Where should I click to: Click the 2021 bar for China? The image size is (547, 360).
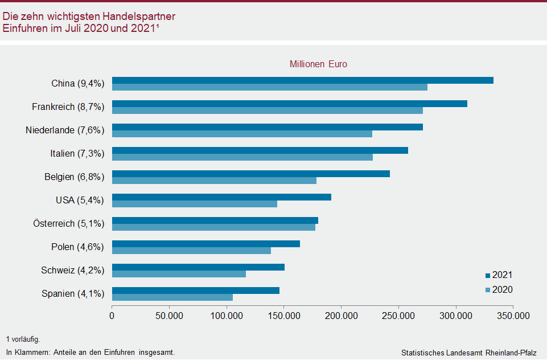click(x=302, y=80)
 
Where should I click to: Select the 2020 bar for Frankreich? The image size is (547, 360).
click(x=267, y=111)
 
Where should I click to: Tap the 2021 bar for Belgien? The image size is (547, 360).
click(x=250, y=174)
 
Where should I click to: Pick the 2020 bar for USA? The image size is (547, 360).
click(x=194, y=204)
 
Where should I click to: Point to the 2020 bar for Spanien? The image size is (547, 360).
click(x=172, y=297)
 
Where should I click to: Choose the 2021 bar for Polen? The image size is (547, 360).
click(x=205, y=244)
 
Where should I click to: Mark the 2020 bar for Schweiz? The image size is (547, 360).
click(x=179, y=274)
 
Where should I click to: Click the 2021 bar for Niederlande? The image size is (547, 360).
click(x=267, y=127)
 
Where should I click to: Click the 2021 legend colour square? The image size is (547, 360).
click(x=488, y=276)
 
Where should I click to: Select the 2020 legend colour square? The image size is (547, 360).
click(x=488, y=291)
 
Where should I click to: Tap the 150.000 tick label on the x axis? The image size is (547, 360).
click(x=284, y=315)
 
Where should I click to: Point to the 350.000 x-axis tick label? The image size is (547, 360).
click(x=513, y=315)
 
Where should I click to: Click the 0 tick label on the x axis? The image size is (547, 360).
click(x=112, y=315)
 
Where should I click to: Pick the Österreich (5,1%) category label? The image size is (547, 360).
click(x=68, y=224)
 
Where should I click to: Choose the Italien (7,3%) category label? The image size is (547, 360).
click(x=77, y=154)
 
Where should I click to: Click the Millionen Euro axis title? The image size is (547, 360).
click(x=318, y=64)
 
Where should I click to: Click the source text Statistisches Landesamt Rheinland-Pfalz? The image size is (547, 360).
click(x=468, y=353)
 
